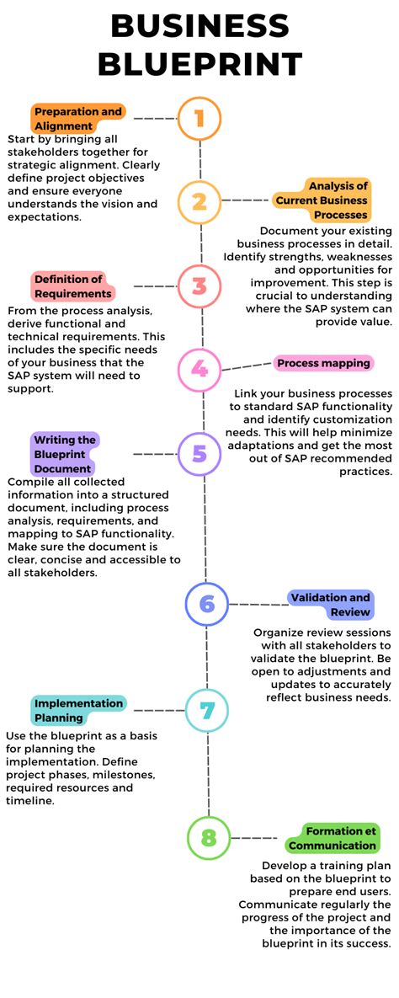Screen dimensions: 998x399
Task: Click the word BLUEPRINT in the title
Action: [x=199, y=63]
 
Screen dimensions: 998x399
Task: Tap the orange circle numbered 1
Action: [x=199, y=119]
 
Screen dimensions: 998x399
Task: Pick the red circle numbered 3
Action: [x=199, y=286]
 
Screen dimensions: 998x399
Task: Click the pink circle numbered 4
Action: [x=199, y=369]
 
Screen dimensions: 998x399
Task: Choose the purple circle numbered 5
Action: [x=199, y=454]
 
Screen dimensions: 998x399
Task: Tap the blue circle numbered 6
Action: [x=207, y=604]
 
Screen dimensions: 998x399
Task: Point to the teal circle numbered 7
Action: [x=207, y=710]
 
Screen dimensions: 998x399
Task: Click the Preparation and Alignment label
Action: [x=78, y=119]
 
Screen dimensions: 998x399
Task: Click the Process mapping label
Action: [x=323, y=363]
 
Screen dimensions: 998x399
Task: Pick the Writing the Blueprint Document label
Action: [x=65, y=454]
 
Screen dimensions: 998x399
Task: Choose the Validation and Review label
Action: [x=330, y=604]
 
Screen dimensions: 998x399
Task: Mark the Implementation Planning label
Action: [x=78, y=710]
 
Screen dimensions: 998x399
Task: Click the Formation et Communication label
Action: [x=332, y=838]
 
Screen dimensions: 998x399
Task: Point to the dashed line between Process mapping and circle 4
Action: [x=247, y=366]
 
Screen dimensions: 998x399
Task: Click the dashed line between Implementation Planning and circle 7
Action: [x=158, y=710]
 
